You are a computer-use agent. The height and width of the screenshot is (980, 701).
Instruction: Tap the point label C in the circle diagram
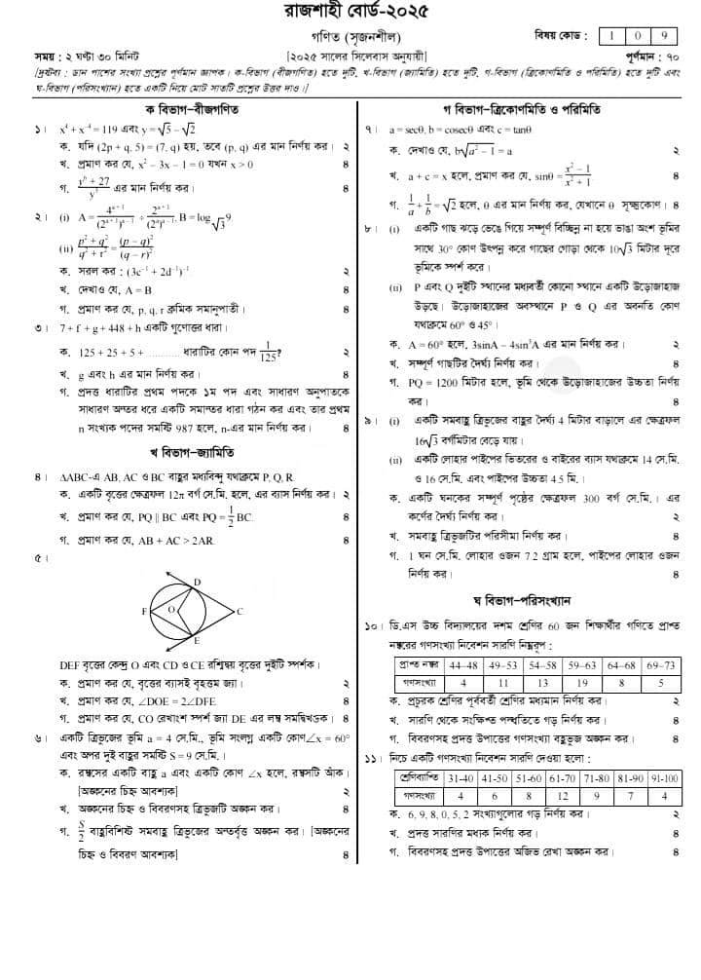[240, 612]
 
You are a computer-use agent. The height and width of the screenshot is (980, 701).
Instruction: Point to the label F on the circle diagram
[144, 612]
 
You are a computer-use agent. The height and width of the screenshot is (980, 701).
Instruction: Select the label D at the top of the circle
[197, 582]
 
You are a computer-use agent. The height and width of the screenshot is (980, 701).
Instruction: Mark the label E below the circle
[197, 643]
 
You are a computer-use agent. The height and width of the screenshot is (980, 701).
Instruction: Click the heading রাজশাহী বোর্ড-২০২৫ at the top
[350, 13]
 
